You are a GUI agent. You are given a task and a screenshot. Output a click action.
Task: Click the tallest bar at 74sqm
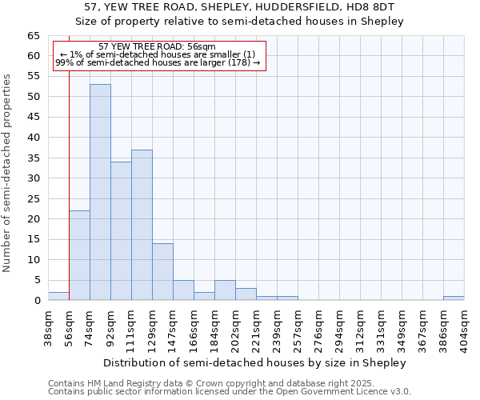[x=100, y=192]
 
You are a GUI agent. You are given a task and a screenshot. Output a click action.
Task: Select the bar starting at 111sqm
[x=142, y=225]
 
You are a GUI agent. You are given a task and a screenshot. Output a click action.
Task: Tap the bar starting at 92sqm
[x=121, y=231]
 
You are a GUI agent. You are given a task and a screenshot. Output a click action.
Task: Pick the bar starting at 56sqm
[x=79, y=255]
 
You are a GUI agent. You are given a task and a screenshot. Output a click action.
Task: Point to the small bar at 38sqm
[x=58, y=296]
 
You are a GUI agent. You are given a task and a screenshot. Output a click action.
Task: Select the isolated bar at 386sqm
[x=454, y=298]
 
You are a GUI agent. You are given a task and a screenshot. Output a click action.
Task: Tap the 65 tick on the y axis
[x=33, y=36]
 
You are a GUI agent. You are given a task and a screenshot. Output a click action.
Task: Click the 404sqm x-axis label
[x=465, y=327]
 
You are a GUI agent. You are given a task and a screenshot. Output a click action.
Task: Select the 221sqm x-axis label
[x=257, y=327]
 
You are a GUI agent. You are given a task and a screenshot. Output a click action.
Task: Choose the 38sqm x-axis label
[x=49, y=327]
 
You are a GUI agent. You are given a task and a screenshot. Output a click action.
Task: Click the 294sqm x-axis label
[x=340, y=327]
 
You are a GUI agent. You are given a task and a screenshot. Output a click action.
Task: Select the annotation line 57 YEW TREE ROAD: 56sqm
[x=157, y=47]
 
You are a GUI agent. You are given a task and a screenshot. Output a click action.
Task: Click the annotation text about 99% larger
[x=157, y=62]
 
